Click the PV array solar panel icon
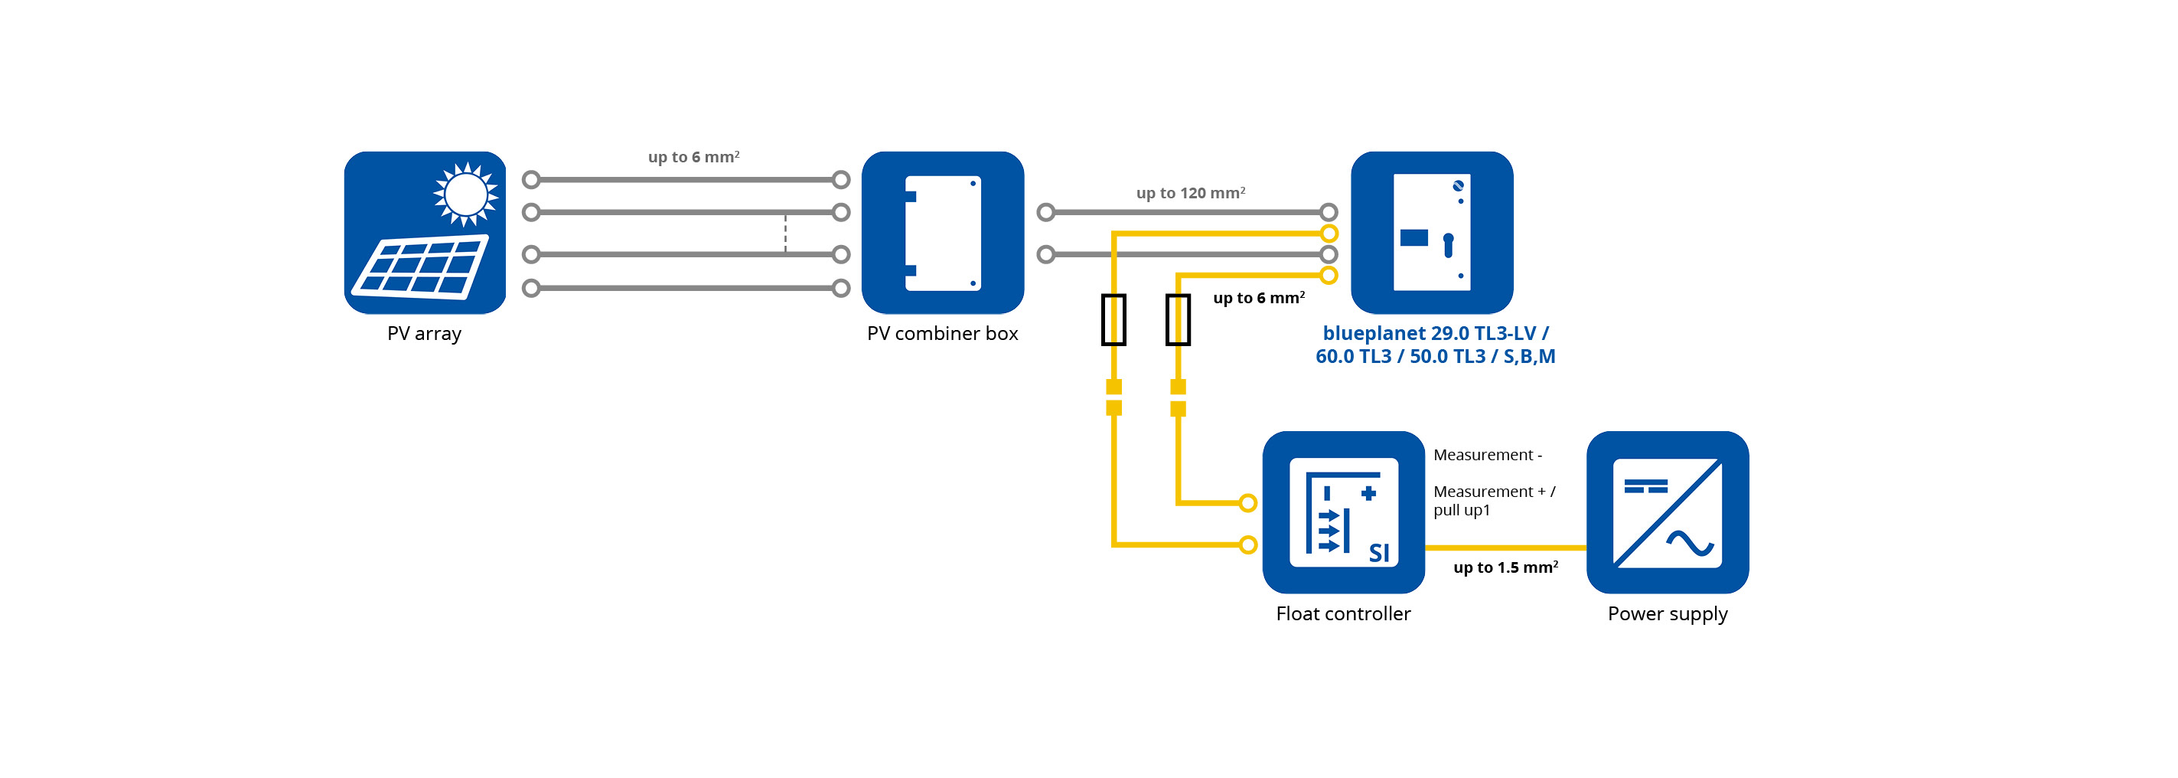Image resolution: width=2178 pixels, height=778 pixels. [x=425, y=233]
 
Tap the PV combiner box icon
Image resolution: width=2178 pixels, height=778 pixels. [x=943, y=233]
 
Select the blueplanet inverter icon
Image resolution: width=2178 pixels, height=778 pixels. [x=1431, y=233]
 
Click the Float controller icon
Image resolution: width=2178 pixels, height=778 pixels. [x=1344, y=512]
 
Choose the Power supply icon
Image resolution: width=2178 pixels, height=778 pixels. [x=1668, y=512]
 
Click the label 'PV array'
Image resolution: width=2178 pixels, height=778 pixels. [x=425, y=333]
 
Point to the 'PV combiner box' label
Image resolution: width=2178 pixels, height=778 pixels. [x=942, y=333]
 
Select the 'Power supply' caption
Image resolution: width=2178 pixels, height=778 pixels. [x=1668, y=613]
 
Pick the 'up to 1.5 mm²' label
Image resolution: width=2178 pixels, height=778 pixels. [x=1505, y=567]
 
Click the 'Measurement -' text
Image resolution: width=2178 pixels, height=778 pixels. [x=1487, y=455]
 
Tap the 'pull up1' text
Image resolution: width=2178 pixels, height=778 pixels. [x=1461, y=510]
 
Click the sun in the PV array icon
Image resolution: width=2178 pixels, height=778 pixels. [x=465, y=194]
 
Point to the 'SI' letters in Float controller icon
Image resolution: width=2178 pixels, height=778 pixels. [x=1379, y=553]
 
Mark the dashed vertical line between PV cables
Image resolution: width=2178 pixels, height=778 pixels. [x=785, y=234]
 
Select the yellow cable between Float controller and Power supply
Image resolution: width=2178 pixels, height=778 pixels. [x=1505, y=548]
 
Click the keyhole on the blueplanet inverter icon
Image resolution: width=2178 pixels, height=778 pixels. [x=1449, y=245]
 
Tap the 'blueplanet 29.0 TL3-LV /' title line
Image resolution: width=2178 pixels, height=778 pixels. [x=1435, y=333]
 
